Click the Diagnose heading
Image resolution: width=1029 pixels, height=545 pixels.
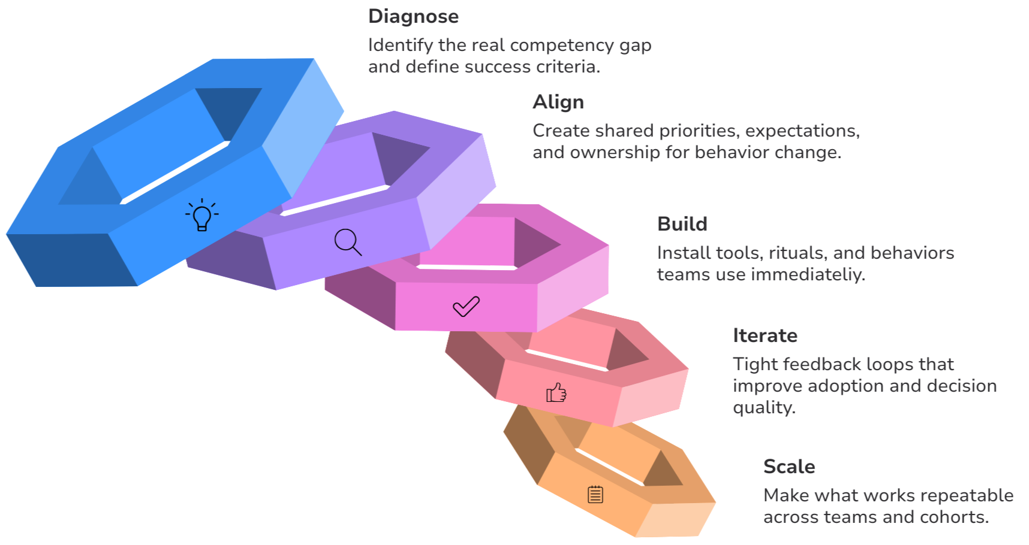tap(413, 17)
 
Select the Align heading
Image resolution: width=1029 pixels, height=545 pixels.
tap(557, 102)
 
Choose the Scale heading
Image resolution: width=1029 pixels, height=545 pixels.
tap(789, 467)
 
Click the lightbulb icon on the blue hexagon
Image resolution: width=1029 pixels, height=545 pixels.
tap(202, 215)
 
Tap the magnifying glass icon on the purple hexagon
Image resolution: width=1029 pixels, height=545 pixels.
tap(348, 242)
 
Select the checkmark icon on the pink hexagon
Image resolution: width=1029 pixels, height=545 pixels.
tap(466, 306)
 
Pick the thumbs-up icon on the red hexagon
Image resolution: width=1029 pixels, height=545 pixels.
tap(556, 393)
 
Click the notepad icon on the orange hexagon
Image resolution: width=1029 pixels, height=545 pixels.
tap(595, 494)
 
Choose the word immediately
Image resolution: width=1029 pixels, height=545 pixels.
tap(819, 275)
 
